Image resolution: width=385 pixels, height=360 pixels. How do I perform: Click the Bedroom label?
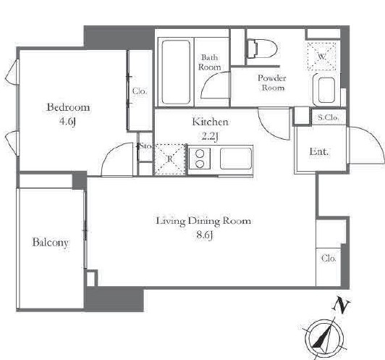[x=68, y=107]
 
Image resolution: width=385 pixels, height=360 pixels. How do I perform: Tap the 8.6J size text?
[x=205, y=235]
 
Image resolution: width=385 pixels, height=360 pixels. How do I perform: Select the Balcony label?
[x=51, y=243]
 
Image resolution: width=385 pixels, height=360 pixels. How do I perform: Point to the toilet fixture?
[x=262, y=49]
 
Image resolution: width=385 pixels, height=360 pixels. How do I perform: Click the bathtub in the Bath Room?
[x=176, y=72]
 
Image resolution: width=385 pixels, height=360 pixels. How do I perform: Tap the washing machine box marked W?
[x=321, y=56]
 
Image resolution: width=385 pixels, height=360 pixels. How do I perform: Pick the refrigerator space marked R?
[x=169, y=159]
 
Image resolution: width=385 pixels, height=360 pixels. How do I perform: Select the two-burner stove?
[x=200, y=159]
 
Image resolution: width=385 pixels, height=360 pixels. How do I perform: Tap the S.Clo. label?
[x=329, y=117]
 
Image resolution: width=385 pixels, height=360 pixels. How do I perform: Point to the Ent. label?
[x=318, y=151]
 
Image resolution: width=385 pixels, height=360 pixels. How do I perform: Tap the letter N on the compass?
[x=342, y=306]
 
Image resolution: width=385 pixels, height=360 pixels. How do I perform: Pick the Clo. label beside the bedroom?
[x=140, y=91]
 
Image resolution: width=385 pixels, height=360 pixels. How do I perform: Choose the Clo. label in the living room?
[x=329, y=259]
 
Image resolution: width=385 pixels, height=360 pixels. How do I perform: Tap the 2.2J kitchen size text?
[x=210, y=136]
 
